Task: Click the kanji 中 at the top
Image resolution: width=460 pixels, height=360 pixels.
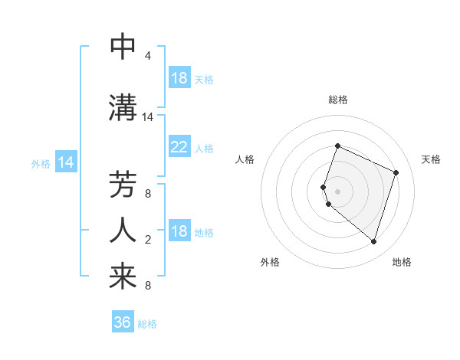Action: coord(123,47)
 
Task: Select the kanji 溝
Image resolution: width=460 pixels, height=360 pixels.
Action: coord(123,108)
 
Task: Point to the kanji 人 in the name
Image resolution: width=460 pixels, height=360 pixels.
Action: coord(123,229)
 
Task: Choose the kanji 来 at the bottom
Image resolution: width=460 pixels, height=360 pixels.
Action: coord(123,277)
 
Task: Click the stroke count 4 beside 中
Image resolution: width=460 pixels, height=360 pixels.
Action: coord(147,56)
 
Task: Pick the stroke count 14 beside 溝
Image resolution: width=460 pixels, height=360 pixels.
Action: coord(148,117)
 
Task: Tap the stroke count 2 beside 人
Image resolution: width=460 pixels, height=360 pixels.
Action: coord(147,240)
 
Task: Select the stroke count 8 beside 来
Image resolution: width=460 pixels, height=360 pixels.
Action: coord(147,286)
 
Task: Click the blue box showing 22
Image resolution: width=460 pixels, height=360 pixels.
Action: coord(179,147)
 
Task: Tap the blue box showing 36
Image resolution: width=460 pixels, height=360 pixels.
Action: coord(123,322)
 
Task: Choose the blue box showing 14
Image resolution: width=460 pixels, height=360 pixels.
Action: coord(65,162)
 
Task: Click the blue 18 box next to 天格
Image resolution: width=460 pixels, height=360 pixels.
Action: coord(179,78)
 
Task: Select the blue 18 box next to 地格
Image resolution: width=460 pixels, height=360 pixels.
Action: coord(179,231)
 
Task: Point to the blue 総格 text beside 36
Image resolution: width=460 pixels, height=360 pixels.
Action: coord(147,324)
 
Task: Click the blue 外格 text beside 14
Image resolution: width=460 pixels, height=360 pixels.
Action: coord(40,163)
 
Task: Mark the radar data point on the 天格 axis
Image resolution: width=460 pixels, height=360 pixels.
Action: coord(396,172)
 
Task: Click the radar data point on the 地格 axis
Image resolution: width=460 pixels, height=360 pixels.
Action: coord(373,241)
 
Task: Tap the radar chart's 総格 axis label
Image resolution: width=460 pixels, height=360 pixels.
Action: coord(338,100)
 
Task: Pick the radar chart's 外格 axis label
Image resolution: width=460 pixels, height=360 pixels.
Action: coord(270,262)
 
